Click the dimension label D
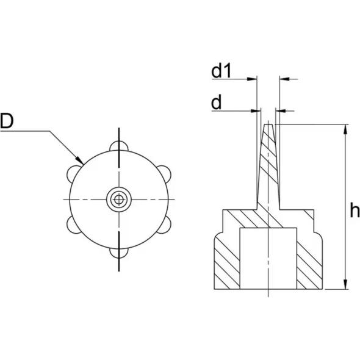pyautogui.click(x=7, y=121)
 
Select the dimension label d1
pyautogui.click(x=221, y=71)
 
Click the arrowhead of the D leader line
pyautogui.click(x=80, y=160)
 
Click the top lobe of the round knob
pyautogui.click(x=119, y=146)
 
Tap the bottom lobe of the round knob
pyautogui.click(x=119, y=253)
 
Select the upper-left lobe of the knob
pyautogui.click(x=73, y=173)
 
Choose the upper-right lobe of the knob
pyautogui.click(x=165, y=173)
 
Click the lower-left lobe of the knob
pyautogui.click(x=73, y=225)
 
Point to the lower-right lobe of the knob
pyautogui.click(x=165, y=225)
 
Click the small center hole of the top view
pyautogui.click(x=119, y=200)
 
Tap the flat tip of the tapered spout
pyautogui.click(x=268, y=124)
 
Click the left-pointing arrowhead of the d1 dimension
pyautogui.click(x=284, y=79)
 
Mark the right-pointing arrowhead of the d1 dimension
pyautogui.click(x=252, y=79)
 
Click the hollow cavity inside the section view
pyautogui.click(x=268, y=259)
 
